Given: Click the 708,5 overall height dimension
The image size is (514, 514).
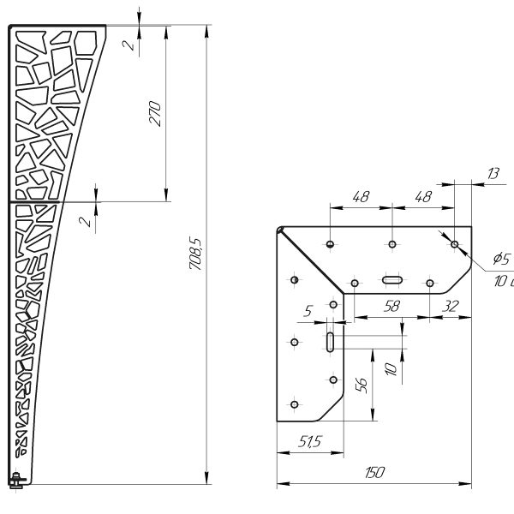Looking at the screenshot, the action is [195, 253].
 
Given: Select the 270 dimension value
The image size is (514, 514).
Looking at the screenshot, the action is [155, 114].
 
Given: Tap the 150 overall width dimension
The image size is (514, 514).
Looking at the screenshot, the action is [374, 472].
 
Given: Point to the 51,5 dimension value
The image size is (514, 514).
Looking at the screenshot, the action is [310, 441].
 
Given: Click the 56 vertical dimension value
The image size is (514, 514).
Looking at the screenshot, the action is [362, 385].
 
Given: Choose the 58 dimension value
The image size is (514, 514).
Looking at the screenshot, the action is [392, 306].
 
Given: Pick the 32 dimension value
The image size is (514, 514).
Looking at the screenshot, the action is [451, 306].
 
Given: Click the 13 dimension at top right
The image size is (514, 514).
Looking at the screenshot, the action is [493, 173].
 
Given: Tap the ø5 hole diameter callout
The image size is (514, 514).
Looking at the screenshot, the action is [501, 259].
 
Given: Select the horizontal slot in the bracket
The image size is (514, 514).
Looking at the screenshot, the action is [392, 280].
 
